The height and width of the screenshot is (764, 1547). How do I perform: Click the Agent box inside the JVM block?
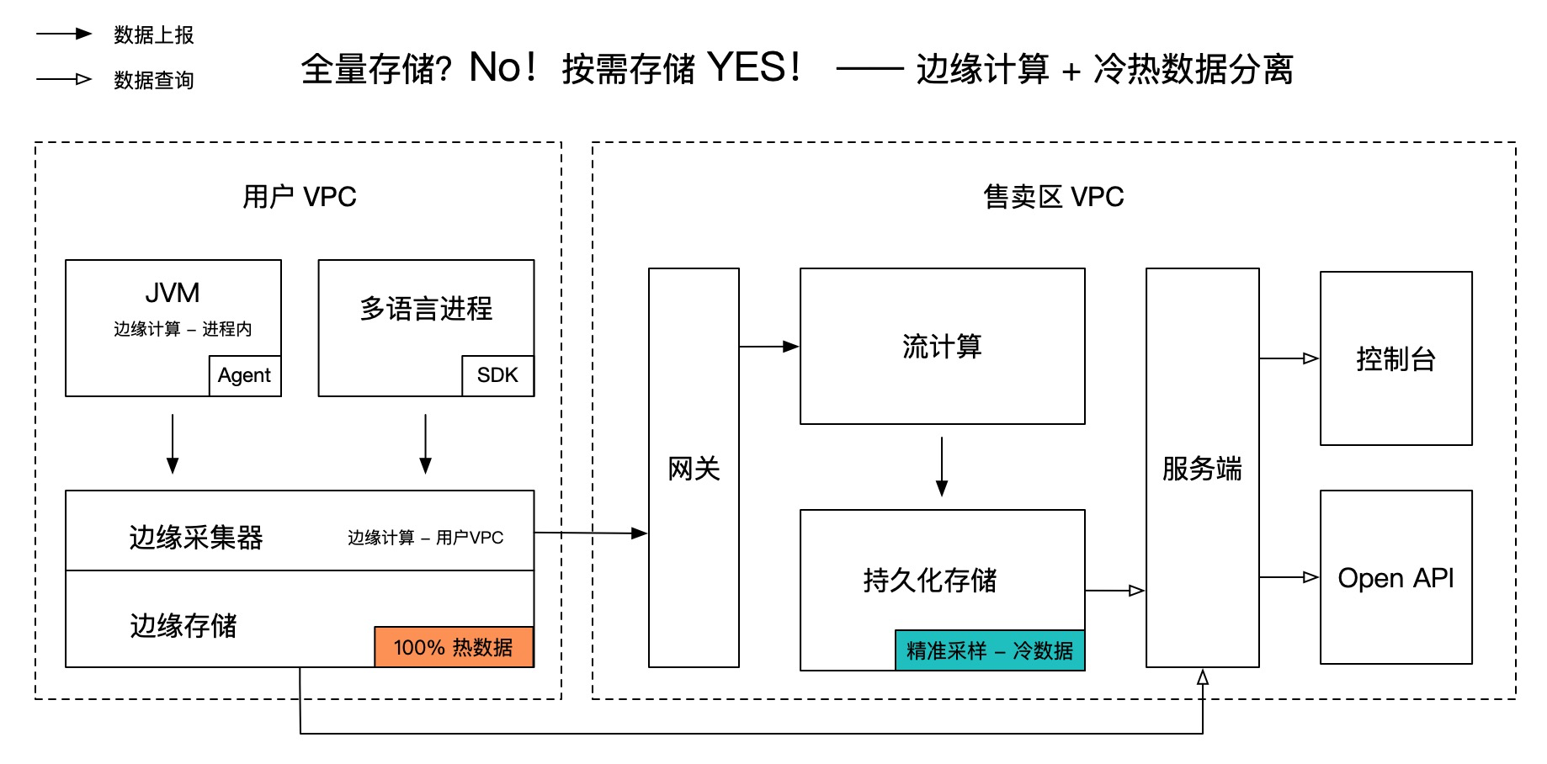coord(244,375)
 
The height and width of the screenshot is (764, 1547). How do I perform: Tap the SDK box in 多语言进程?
coord(497,375)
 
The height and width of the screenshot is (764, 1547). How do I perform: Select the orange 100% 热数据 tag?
coord(454,647)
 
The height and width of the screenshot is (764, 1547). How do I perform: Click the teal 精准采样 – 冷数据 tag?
coord(989,650)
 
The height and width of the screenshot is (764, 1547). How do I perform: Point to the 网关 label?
coord(694,469)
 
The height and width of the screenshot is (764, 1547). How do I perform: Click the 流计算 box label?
coord(942,347)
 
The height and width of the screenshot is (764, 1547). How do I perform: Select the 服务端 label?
coord(1202,469)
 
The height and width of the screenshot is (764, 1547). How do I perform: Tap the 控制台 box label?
coord(1395,359)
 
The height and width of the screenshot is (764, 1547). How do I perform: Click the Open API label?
coord(1395,578)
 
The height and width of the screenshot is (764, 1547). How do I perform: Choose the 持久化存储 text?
coord(930,580)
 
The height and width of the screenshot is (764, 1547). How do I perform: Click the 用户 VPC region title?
coord(300,197)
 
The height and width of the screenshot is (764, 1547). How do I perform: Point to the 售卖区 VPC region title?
coord(1054,197)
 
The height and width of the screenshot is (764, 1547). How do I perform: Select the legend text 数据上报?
coord(154,35)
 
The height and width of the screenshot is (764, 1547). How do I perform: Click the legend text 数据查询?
coord(154,80)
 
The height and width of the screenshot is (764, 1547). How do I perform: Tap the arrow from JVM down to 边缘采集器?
coord(173,443)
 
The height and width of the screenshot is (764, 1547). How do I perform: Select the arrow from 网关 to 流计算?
coord(768,347)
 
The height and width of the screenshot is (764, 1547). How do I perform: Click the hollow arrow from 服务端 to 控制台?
coord(1289,358)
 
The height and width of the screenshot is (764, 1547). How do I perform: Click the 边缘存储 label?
coord(183,625)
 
